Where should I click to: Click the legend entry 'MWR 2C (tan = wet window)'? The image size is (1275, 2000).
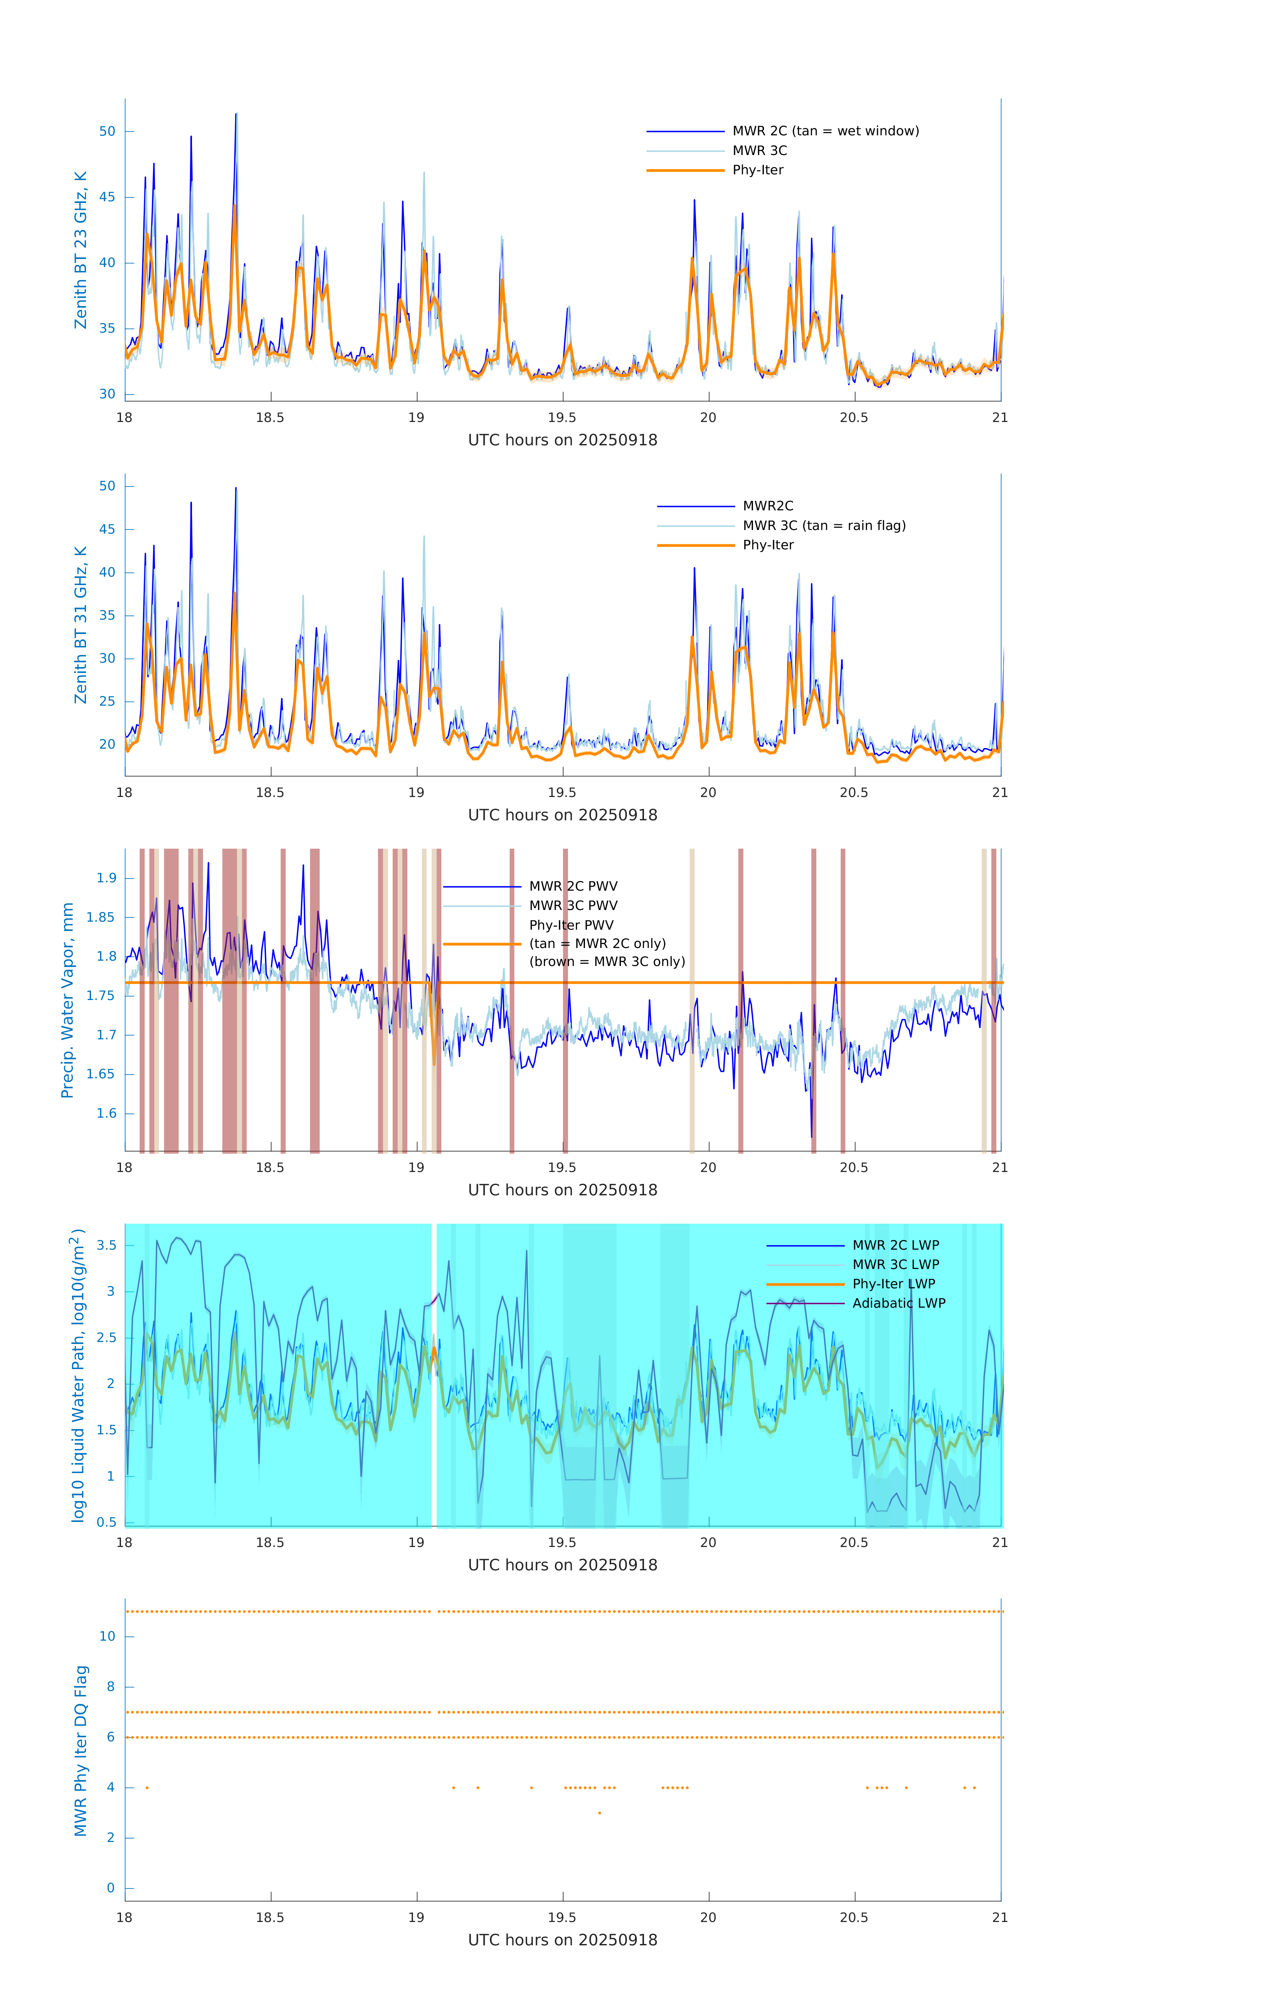(x=825, y=131)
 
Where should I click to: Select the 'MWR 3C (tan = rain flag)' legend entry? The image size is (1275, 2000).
(x=823, y=526)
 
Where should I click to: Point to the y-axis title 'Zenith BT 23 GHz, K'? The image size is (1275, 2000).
(x=81, y=250)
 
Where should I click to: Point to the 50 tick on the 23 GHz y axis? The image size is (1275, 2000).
(x=107, y=131)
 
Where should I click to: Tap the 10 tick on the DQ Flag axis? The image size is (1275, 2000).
(x=107, y=1636)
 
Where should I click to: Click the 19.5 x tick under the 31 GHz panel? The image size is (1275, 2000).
(x=561, y=792)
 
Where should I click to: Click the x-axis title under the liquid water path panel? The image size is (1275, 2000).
(x=562, y=1565)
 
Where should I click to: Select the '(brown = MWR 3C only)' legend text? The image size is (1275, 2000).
(x=607, y=962)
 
